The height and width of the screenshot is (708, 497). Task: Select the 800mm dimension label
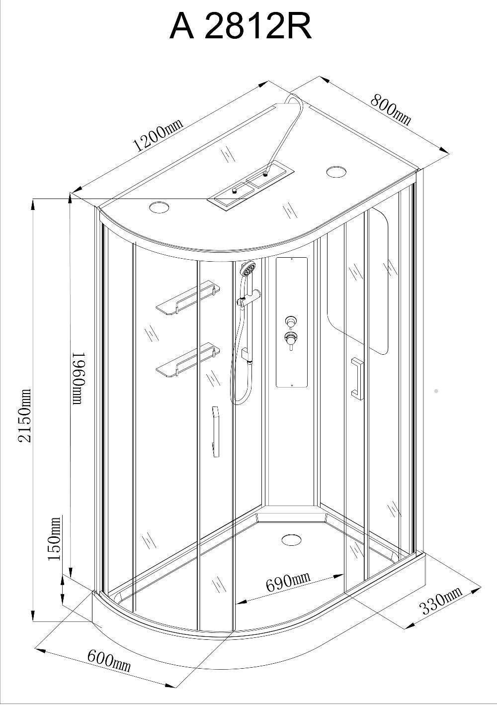click(391, 109)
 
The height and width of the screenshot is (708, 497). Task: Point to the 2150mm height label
click(25, 415)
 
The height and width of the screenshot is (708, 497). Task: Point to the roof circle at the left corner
click(159, 207)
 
